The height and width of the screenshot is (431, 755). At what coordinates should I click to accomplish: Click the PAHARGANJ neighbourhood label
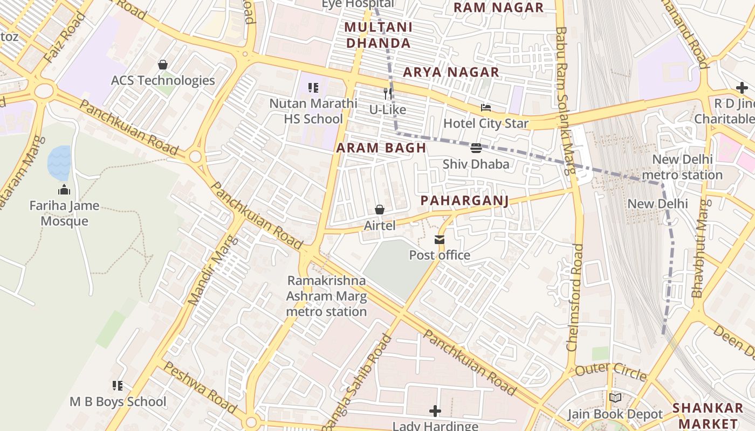click(x=464, y=200)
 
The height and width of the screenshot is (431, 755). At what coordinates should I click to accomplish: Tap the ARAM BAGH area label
click(x=381, y=148)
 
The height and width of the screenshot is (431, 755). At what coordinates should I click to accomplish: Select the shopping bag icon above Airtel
click(x=380, y=210)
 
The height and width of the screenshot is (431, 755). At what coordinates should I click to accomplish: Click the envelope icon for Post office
click(x=440, y=240)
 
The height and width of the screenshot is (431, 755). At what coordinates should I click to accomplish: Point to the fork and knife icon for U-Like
click(x=387, y=94)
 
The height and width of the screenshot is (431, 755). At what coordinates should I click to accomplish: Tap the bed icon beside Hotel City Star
click(x=486, y=108)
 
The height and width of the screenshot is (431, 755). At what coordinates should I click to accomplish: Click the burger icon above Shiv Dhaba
click(x=476, y=148)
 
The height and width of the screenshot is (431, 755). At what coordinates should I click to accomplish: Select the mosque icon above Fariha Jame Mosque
click(x=64, y=190)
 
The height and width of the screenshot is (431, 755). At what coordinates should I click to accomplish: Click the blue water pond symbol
click(x=59, y=163)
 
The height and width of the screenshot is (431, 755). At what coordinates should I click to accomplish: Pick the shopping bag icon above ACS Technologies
click(x=163, y=65)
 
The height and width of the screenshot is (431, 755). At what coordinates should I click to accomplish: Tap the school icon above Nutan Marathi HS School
click(x=313, y=87)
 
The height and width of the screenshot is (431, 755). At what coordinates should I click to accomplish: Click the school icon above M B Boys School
click(x=118, y=386)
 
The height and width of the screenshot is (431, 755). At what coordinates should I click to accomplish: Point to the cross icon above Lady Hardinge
click(x=435, y=411)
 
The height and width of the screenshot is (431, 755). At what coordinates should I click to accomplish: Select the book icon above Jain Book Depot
click(x=615, y=398)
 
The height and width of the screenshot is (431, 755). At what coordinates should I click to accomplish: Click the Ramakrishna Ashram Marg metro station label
click(x=326, y=296)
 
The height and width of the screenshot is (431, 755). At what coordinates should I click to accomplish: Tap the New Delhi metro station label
click(x=682, y=167)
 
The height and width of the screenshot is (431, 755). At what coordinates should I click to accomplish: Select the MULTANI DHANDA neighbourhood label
click(x=378, y=35)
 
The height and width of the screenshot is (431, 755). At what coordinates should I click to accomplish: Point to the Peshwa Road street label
click(x=200, y=387)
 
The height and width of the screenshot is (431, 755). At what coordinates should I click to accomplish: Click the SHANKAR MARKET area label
click(x=708, y=415)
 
